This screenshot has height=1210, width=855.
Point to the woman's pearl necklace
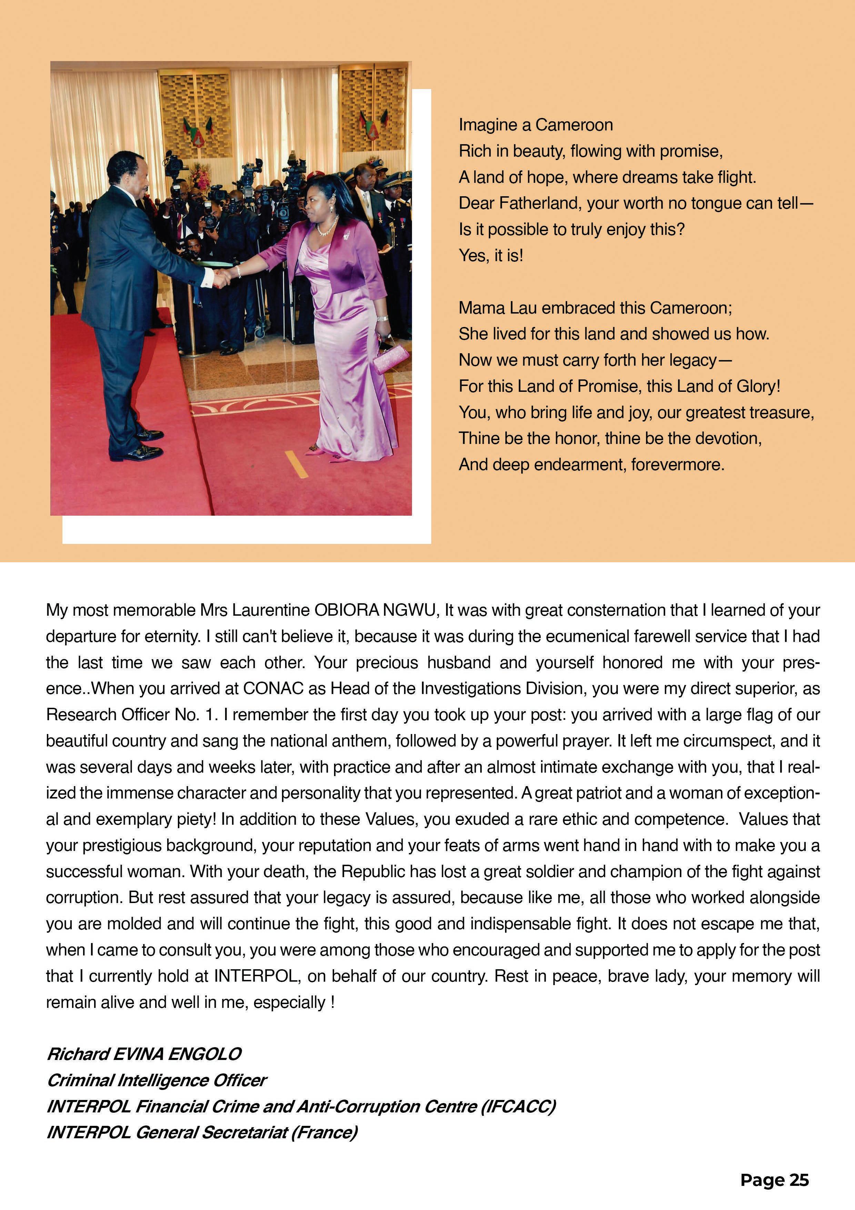point(326,228)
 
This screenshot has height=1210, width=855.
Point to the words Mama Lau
point(497,308)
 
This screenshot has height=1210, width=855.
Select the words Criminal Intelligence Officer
point(157,1080)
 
